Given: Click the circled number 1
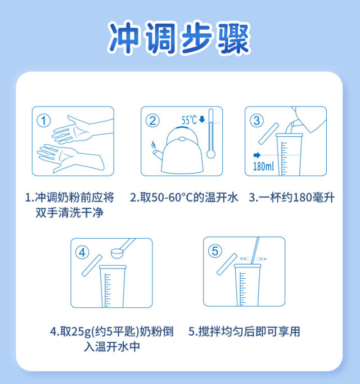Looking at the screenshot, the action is (43, 120).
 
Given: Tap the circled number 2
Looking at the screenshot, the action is (152, 120).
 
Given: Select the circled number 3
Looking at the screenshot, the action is (256, 120).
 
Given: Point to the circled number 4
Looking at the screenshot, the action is (82, 252).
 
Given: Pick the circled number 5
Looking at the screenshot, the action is (215, 251).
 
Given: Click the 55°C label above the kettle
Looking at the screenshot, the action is (189, 120).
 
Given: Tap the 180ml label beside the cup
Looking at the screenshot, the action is (263, 167).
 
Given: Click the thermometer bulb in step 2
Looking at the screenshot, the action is (211, 154).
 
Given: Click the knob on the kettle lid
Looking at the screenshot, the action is (182, 139).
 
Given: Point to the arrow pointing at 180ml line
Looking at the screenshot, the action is (257, 155).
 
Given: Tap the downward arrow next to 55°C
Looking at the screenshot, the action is (202, 119).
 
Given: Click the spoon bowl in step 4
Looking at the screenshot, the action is (117, 253).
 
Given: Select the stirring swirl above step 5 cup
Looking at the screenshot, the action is (253, 258).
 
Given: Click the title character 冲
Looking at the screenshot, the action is (124, 37).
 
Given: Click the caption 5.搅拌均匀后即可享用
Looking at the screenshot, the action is (244, 331).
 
